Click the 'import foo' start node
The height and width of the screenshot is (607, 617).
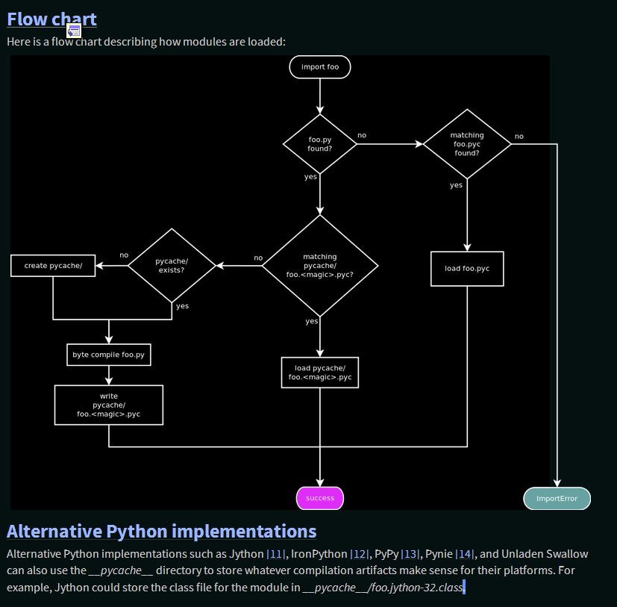tap(319, 67)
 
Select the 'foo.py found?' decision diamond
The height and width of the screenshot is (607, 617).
tap(319, 143)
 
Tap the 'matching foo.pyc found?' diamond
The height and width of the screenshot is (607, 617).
tap(467, 143)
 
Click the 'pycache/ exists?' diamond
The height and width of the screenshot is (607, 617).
tap(172, 265)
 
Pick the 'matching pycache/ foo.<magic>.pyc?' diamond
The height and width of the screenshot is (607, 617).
tap(319, 265)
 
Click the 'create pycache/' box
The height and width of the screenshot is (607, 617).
tap(53, 265)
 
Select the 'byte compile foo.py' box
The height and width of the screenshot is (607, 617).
tap(109, 355)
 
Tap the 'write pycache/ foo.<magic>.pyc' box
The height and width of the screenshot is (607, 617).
tap(109, 405)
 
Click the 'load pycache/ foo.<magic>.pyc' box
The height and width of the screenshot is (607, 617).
tap(319, 373)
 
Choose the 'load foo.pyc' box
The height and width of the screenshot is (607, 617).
tap(467, 268)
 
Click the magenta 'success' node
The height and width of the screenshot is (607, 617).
tap(320, 498)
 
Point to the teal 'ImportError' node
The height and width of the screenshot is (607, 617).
tap(557, 498)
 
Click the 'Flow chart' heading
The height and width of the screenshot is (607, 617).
tap(51, 19)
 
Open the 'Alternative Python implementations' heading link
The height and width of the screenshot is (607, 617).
tap(161, 531)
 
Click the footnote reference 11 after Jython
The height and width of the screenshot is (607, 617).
tap(277, 554)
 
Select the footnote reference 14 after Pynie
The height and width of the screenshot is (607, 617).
tap(466, 554)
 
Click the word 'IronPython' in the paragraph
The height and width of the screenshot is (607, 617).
tap(319, 554)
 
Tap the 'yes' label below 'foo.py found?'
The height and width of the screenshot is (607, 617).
tap(310, 177)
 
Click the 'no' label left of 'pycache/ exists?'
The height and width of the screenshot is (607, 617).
tap(124, 255)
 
